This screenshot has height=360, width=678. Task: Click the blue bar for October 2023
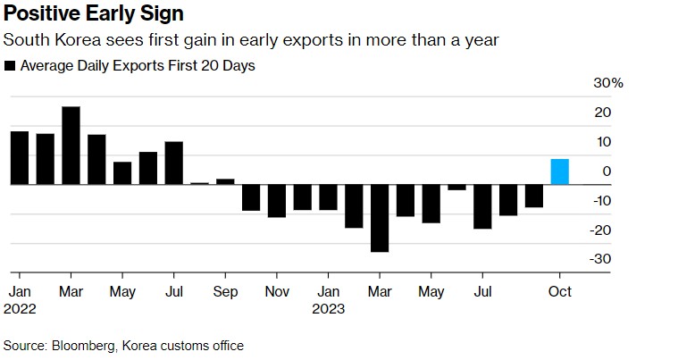(560, 172)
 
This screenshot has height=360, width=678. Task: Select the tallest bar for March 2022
(71, 146)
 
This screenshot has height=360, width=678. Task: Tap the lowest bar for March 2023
(380, 218)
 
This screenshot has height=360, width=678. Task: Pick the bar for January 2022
(19, 158)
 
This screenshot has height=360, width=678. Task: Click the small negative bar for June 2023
(456, 188)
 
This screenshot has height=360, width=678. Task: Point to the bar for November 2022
(277, 201)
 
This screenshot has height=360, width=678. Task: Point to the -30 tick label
(603, 259)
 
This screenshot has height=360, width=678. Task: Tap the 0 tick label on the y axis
(607, 171)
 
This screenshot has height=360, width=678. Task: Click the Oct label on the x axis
(560, 292)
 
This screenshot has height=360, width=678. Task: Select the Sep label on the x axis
(225, 292)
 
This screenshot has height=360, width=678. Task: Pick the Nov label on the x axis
(277, 292)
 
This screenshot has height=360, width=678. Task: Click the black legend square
(10, 66)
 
